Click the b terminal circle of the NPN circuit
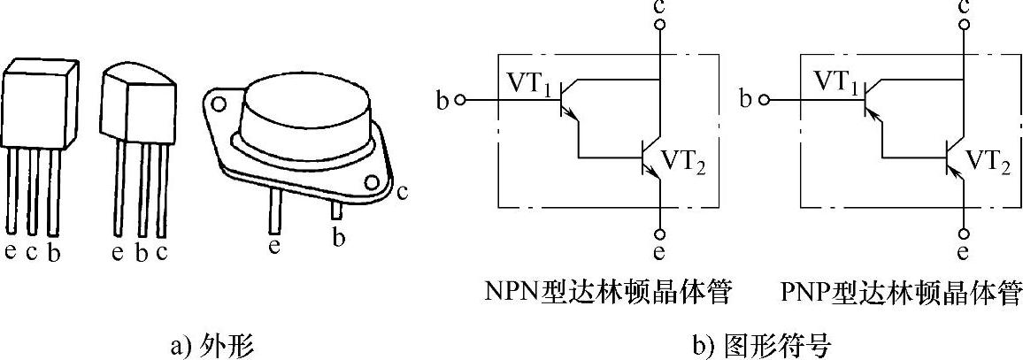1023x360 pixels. (459, 100)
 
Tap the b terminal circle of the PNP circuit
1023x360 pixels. (766, 100)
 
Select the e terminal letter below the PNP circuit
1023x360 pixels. (964, 254)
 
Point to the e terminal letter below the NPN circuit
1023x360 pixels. (658, 254)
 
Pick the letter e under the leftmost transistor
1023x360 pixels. (11, 252)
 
